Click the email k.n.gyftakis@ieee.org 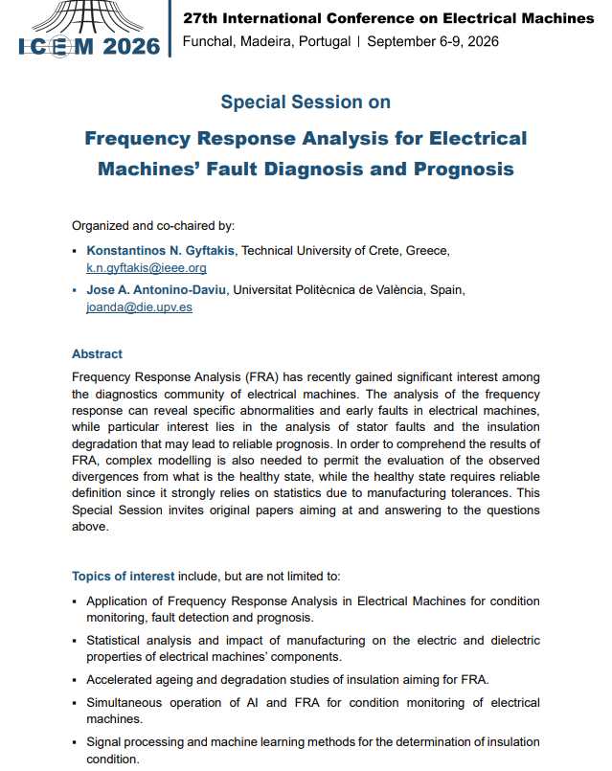point(146,267)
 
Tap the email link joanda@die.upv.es point(139,307)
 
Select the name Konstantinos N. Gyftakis point(162,251)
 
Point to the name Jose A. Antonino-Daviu point(157,290)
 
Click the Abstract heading point(97,353)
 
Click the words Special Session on point(306,102)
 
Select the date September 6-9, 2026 point(433,41)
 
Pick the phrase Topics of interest point(124,577)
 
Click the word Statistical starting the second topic point(114,640)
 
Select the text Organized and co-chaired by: point(152,226)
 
